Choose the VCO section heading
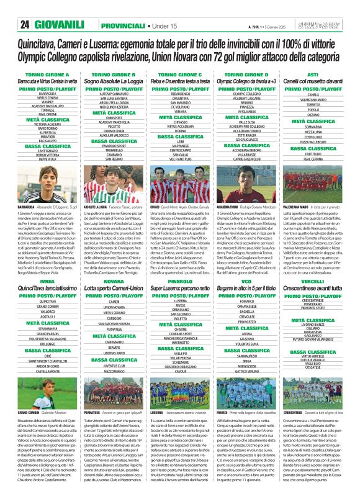pos(250,281)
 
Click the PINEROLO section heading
pos(180,281)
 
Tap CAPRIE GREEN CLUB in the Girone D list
pos(250,159)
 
